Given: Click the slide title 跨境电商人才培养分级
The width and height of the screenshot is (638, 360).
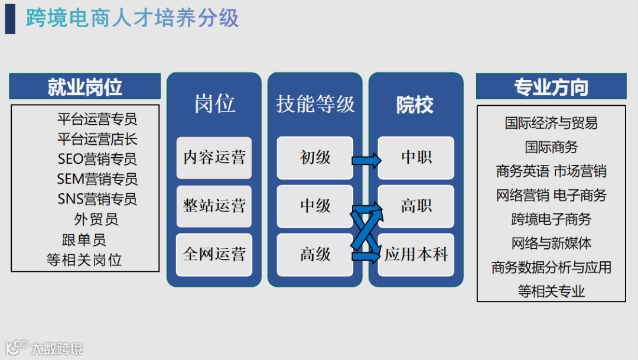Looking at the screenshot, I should [132, 18].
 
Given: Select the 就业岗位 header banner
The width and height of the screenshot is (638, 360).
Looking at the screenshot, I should [84, 86].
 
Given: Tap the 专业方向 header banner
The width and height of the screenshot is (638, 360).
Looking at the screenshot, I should [551, 86].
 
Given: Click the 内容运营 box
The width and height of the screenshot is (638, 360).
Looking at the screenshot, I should [214, 158].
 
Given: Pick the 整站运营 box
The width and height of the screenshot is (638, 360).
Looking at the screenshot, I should [214, 206].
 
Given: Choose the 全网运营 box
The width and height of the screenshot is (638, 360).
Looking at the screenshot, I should [214, 255].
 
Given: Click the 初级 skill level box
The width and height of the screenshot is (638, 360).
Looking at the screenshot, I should [315, 158].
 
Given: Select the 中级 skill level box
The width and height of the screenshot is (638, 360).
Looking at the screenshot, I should [315, 206].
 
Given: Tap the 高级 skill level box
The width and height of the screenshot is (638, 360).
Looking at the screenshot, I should [315, 255].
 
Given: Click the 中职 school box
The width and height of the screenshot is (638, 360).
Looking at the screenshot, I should [416, 158].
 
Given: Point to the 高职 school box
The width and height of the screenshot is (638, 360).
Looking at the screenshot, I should [416, 206].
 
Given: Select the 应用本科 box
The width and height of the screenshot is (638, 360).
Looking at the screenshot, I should [416, 255].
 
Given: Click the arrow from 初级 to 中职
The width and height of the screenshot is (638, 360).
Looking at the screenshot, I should [366, 160].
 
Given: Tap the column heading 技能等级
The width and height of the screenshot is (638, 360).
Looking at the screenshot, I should [315, 105].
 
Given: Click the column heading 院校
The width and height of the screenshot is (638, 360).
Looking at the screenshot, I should [415, 105].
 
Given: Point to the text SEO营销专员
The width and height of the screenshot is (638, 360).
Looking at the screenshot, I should [97, 159].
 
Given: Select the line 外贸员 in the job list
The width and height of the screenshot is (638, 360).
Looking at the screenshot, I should [96, 219].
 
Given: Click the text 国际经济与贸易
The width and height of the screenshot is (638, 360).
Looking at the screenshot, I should [551, 123].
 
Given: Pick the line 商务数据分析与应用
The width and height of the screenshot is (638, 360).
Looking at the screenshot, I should [551, 267].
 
